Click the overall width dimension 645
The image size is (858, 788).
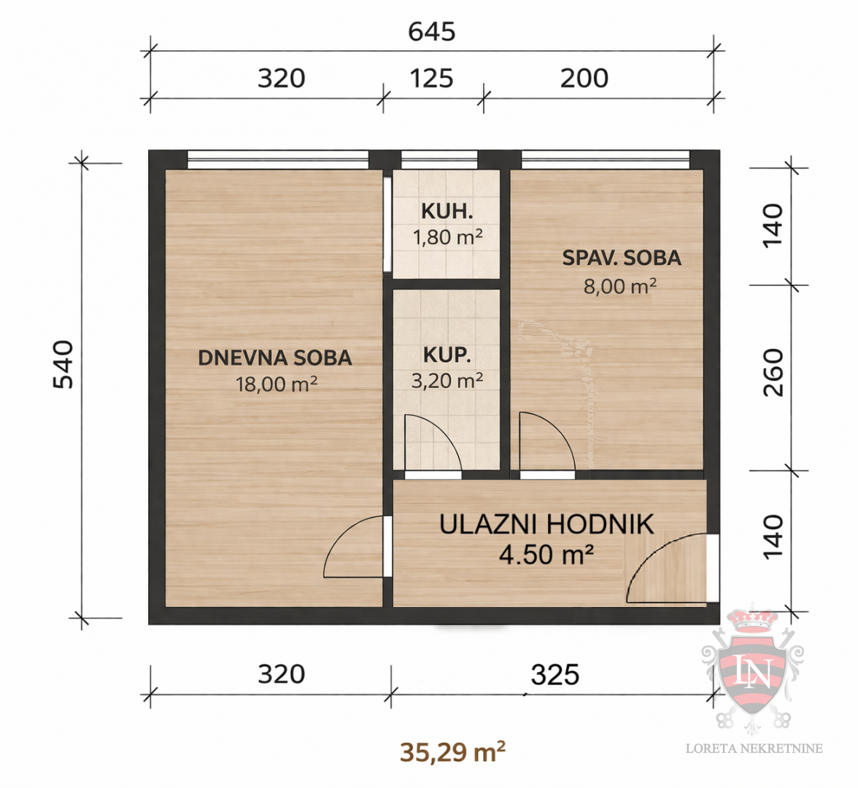(431, 31)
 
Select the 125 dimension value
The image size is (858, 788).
(431, 78)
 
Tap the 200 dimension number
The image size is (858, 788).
(584, 78)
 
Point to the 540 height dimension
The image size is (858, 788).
(63, 363)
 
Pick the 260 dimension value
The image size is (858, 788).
(773, 372)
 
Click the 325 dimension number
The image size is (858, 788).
(554, 675)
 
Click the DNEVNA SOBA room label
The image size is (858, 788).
(275, 358)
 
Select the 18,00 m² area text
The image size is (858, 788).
(276, 384)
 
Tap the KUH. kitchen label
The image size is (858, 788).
(447, 212)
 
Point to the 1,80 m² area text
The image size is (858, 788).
(447, 237)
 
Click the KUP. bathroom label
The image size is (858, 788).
(447, 355)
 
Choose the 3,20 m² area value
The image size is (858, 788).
(447, 380)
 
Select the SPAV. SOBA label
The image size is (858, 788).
(622, 258)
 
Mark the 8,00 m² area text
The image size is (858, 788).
(619, 286)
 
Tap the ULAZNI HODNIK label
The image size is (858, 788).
(546, 524)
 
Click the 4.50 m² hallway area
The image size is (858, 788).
(546, 555)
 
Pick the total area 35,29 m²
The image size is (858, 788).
(452, 752)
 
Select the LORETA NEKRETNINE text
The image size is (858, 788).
(754, 748)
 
